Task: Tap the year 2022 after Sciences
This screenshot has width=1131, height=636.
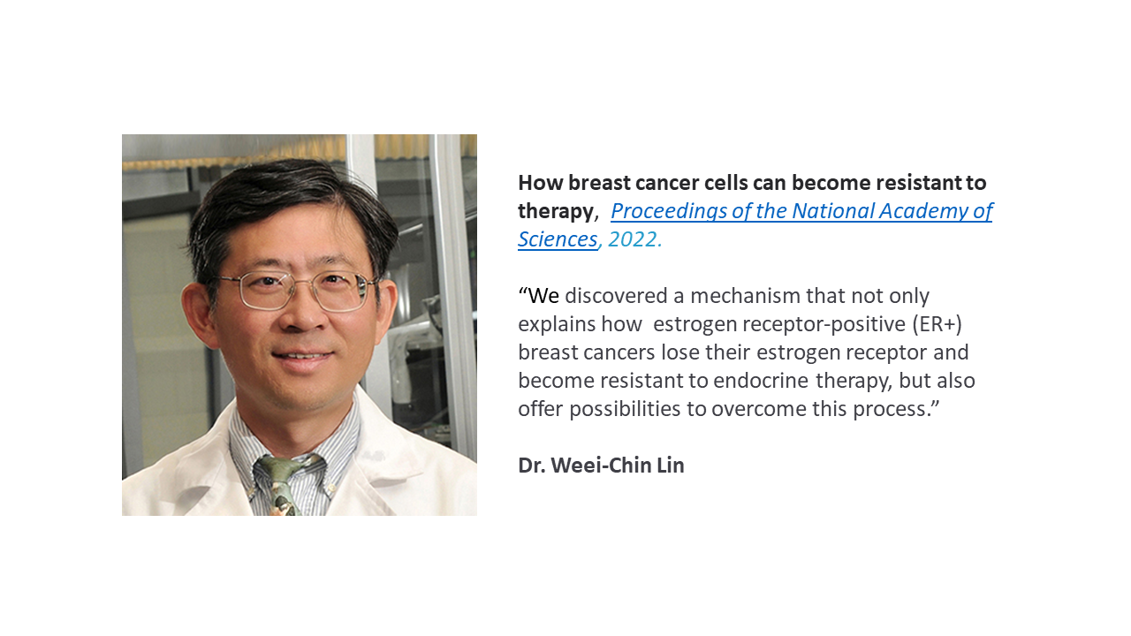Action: [634, 239]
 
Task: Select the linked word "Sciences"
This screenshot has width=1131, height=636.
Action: [558, 239]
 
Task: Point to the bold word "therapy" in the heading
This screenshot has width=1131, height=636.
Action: [556, 212]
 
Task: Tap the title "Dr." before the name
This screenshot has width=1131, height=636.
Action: [532, 466]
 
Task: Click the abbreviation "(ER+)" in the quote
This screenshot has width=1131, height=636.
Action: [937, 324]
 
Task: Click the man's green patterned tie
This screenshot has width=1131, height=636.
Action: [279, 485]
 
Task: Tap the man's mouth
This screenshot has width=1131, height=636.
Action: [302, 357]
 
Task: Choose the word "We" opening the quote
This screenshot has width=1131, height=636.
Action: [543, 296]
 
